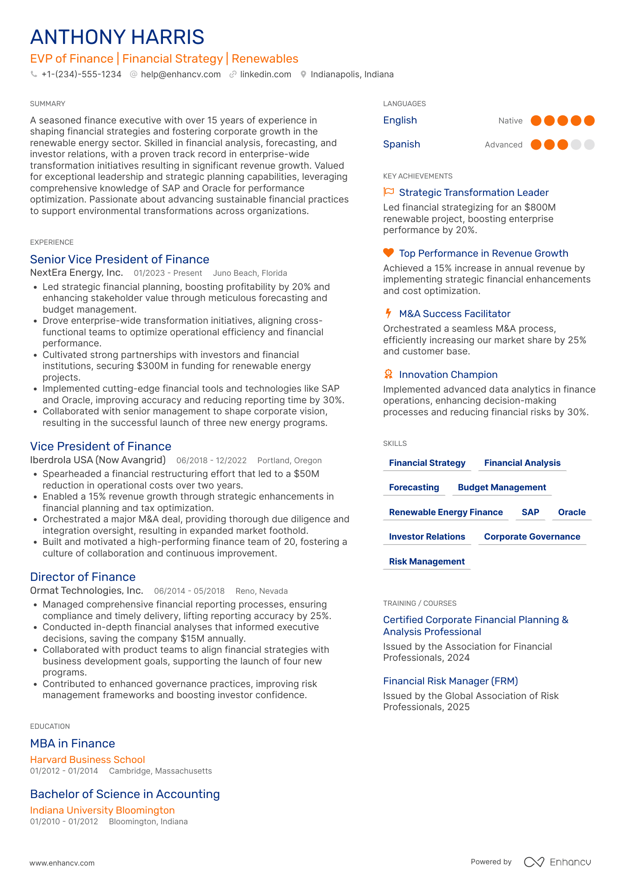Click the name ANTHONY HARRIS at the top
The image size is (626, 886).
pos(117,37)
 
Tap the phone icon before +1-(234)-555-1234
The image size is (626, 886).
pos(34,74)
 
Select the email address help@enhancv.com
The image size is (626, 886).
pos(181,74)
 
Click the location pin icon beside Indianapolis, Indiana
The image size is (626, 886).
pos(303,74)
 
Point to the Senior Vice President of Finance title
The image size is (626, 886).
pos(119,259)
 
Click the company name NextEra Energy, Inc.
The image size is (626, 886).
pos(76,273)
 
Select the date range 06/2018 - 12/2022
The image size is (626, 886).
pos(211,460)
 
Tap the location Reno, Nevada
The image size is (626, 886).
pos(261,591)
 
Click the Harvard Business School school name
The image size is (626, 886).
pos(87,759)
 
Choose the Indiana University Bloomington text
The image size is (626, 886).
pos(102,810)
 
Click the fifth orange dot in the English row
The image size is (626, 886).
pos(589,120)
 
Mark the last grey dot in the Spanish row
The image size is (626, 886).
pos(589,144)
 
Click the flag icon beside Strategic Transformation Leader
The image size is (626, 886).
pos(388,192)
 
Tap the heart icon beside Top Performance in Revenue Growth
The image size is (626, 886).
pos(388,253)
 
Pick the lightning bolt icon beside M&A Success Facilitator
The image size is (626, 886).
pos(388,313)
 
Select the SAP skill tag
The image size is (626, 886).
pos(530,512)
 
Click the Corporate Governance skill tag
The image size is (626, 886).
pos(532,536)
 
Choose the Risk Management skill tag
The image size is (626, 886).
pos(427,561)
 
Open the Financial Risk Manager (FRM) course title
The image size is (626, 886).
pos(450,681)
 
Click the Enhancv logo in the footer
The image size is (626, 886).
pos(557,862)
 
